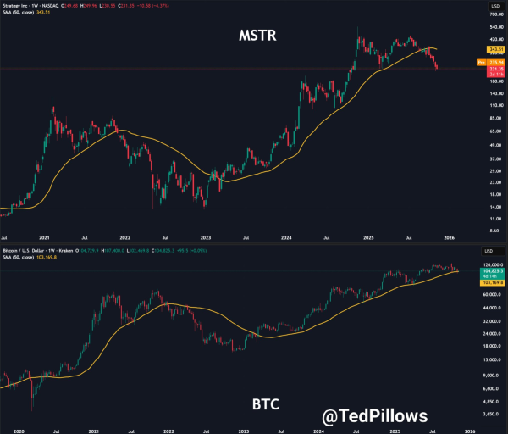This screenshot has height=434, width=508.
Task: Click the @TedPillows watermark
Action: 374,415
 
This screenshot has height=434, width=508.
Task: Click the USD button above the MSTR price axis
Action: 489,6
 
